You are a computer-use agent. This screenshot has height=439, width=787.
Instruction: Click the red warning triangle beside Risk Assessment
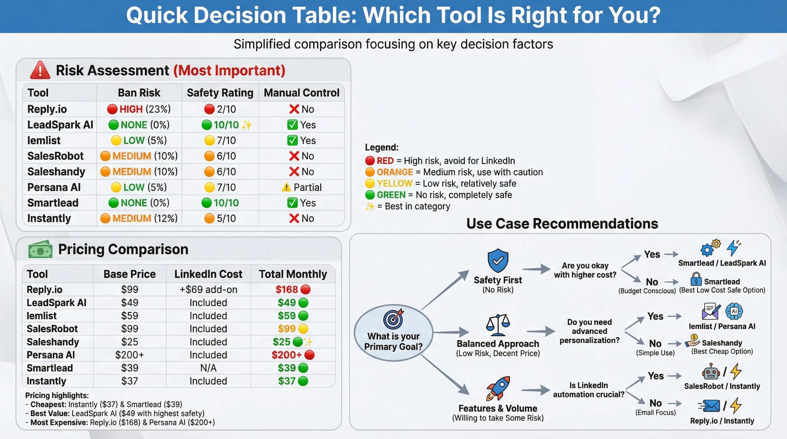point(40,71)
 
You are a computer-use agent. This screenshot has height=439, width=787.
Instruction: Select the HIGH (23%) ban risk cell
point(139,109)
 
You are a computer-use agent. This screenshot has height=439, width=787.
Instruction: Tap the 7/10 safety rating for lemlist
point(220,140)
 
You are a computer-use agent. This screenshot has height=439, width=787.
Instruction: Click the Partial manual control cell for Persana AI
point(301,187)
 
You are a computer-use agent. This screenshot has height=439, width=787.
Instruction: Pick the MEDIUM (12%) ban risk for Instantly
point(139,218)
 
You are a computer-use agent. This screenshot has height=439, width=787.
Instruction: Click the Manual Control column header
point(301,93)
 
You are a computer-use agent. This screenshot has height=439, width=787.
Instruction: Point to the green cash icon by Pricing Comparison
point(40,250)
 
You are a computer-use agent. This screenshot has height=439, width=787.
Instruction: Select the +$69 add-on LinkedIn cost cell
point(208,290)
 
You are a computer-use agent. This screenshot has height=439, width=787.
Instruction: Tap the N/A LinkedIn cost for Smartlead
point(208,368)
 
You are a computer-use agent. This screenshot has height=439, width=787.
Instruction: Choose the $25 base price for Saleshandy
point(130,342)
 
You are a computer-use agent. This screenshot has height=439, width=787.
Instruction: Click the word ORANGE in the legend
point(394,172)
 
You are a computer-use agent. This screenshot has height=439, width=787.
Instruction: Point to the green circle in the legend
point(370,195)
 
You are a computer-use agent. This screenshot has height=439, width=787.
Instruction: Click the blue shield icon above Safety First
point(498,260)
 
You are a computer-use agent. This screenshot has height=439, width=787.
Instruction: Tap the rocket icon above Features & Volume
point(498,388)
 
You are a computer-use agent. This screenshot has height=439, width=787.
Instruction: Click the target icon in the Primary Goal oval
point(393,319)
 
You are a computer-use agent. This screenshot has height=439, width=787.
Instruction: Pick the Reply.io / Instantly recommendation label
point(722,421)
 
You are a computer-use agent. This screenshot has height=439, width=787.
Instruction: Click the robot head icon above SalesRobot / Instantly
point(711,372)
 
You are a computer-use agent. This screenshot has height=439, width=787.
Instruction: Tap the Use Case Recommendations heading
point(562,224)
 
